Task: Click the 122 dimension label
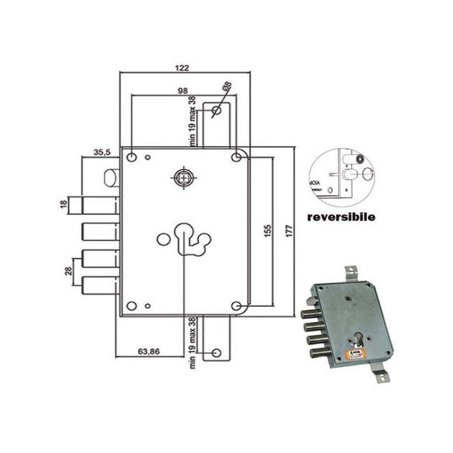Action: [x=182, y=67]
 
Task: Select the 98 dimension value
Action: [x=182, y=90]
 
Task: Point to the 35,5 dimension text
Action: [x=102, y=152]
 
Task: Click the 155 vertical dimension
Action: [x=268, y=231]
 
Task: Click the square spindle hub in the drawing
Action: [x=183, y=177]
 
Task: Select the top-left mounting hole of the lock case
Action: [x=131, y=156]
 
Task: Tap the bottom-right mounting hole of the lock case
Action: [x=236, y=306]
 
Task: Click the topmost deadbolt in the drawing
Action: [x=100, y=203]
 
